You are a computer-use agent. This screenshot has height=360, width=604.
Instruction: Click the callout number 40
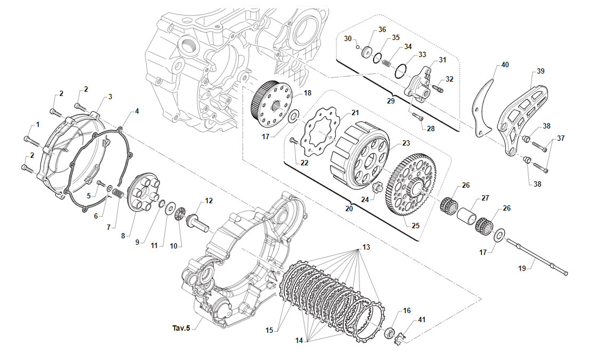click(505, 65)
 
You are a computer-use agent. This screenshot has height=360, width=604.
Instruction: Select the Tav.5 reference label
click(181, 328)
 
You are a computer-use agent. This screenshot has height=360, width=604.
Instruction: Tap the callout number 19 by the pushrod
click(522, 268)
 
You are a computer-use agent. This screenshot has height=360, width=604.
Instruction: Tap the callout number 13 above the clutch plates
click(366, 247)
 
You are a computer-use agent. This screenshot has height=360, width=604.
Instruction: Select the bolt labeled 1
click(31, 141)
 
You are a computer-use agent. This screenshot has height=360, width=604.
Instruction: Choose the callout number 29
click(391, 101)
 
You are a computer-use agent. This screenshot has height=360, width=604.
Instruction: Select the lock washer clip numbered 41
click(400, 338)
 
